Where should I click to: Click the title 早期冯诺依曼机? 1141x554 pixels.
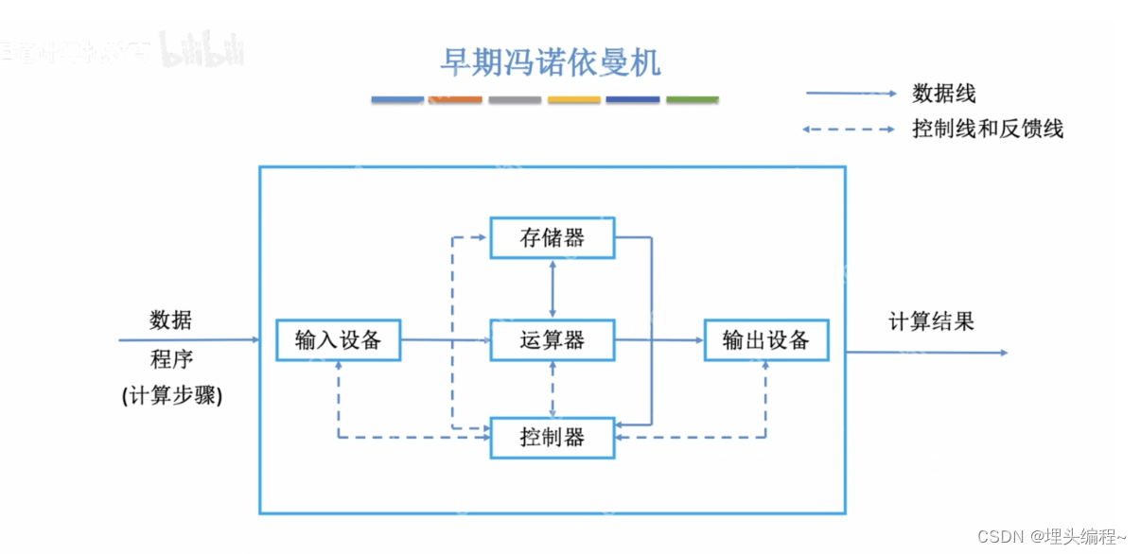coord(550,61)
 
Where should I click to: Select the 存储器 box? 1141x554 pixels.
coord(553,237)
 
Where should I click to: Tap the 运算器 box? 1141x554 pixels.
coord(553,340)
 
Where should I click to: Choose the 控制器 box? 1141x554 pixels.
coord(553,438)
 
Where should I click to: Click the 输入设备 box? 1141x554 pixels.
coord(338,340)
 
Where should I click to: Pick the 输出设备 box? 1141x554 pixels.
coord(766,340)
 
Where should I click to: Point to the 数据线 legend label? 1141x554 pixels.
coord(943,94)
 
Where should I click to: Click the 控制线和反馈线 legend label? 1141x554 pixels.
coord(988,129)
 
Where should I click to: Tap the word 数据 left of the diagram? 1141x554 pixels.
coord(170,320)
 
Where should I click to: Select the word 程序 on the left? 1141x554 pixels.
coord(170,360)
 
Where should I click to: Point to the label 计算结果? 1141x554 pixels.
coord(931,321)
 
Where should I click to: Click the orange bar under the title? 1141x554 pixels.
coord(455,99)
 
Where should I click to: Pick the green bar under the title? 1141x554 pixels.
coord(692,99)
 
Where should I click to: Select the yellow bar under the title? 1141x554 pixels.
coord(573,99)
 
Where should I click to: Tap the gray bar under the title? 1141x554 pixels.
coord(515,99)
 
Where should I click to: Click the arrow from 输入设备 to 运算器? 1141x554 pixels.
coord(445,339)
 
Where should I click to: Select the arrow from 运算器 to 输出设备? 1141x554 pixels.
coord(659,339)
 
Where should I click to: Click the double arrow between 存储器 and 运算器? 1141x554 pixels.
coord(553,288)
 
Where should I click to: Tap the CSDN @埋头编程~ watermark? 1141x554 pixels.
coord(1052,537)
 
